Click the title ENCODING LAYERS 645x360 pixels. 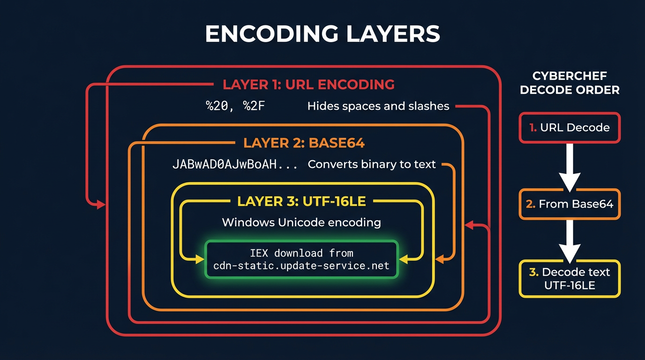point(322,34)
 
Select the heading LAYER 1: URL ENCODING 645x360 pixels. point(308,84)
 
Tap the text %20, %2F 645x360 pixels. point(236,106)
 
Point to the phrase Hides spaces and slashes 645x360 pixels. point(378,106)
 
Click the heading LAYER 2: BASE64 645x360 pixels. point(304,143)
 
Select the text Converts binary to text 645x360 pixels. point(372,165)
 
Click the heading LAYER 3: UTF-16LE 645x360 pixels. point(301,202)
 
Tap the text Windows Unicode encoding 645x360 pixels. point(301,222)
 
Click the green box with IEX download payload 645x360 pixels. point(301,259)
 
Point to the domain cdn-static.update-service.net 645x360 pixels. point(301,266)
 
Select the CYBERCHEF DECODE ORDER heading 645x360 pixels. point(570,83)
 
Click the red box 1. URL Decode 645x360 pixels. point(570,127)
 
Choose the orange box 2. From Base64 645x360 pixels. point(570,204)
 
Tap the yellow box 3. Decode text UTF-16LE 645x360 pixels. point(570,278)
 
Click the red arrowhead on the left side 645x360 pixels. point(100,204)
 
